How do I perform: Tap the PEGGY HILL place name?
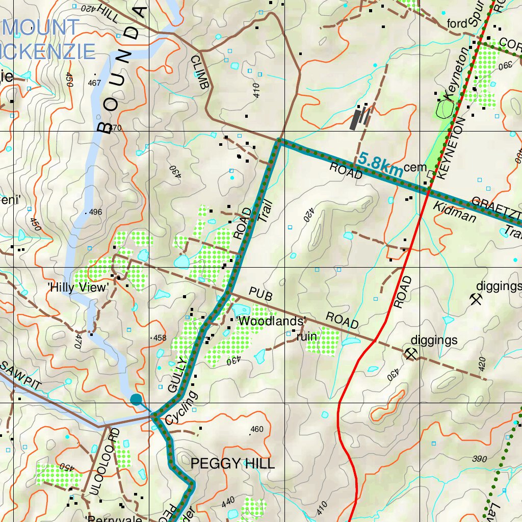click(x=232, y=463)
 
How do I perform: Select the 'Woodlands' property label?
click(x=272, y=321)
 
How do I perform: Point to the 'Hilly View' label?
click(x=78, y=288)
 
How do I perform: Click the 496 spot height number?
click(x=95, y=212)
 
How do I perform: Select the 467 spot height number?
click(x=94, y=83)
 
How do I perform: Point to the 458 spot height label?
click(x=160, y=337)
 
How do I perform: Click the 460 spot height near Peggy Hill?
click(x=257, y=429)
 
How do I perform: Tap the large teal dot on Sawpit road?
click(x=136, y=399)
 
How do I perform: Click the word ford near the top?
click(x=457, y=24)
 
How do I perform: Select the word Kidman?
click(x=455, y=212)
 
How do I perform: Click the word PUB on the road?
click(x=260, y=295)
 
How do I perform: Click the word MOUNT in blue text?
click(x=40, y=27)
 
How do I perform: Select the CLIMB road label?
click(x=199, y=72)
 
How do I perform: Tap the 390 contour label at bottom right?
click(x=479, y=459)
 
